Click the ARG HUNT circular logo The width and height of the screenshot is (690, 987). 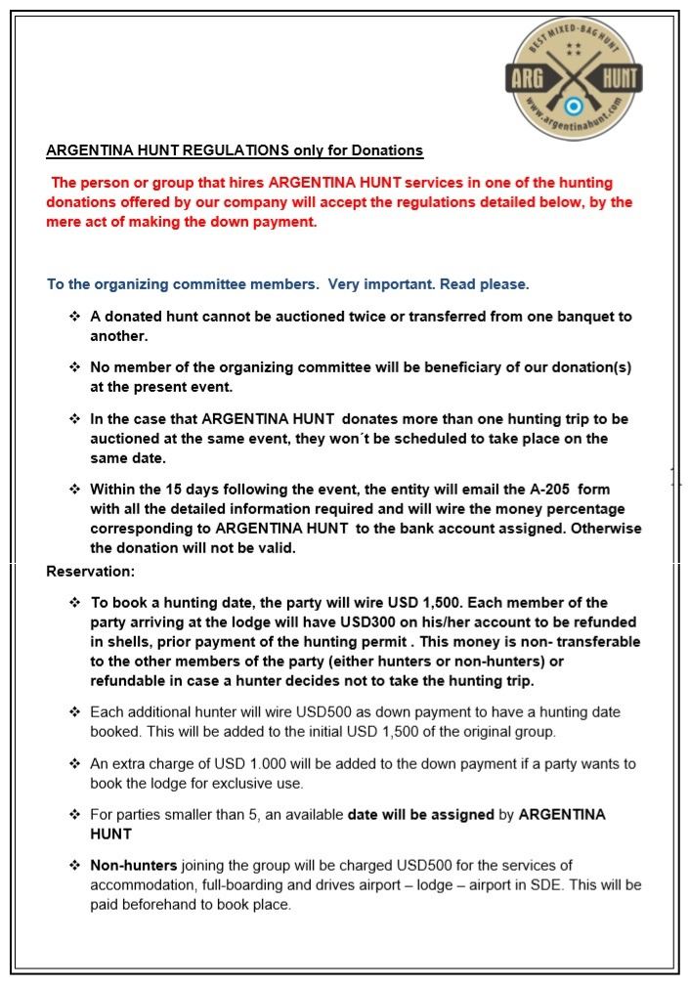click(x=574, y=78)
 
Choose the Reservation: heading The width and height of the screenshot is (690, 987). click(x=91, y=571)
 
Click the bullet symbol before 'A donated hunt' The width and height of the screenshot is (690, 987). click(x=74, y=317)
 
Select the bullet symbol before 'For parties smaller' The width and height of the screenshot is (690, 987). click(x=74, y=814)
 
